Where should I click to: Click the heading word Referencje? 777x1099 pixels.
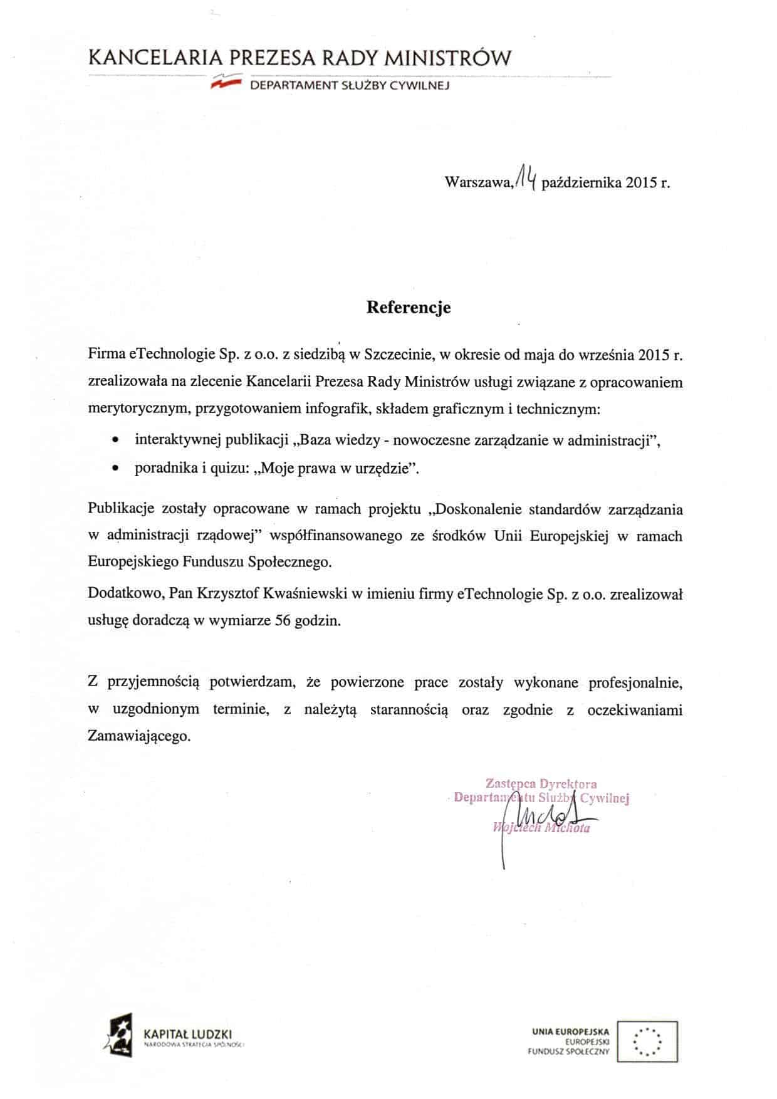coord(408,308)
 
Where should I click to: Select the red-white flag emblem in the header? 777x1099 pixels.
coord(226,82)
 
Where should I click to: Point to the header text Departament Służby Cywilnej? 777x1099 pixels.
coord(350,85)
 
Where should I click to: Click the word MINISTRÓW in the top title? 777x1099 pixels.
coord(447,59)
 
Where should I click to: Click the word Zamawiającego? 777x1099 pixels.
coord(138,736)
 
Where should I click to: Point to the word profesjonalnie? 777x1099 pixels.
coord(635,682)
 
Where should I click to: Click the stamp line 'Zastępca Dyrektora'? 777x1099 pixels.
coord(541,783)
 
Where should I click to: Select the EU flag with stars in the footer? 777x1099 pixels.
coord(647,1042)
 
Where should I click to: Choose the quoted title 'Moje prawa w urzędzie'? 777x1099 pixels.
coord(335,469)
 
